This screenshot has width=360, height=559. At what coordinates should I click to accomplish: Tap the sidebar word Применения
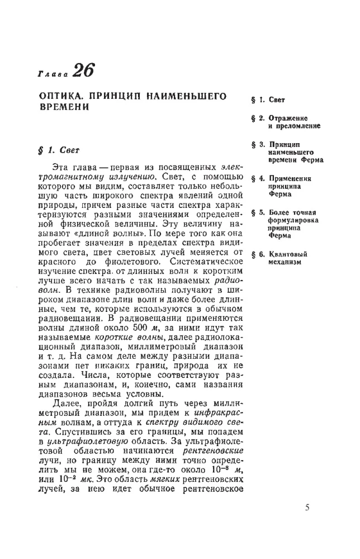pyautogui.click(x=291, y=179)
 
